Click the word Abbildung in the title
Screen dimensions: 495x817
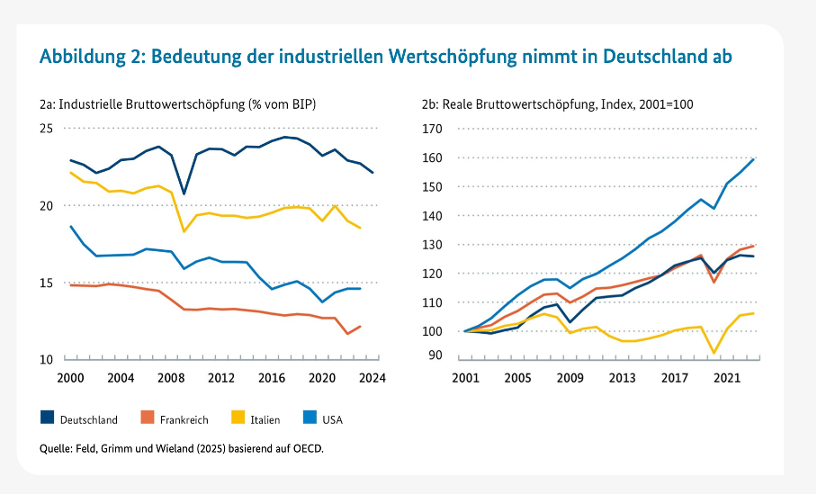tap(81, 57)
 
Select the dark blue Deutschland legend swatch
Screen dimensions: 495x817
tap(48, 418)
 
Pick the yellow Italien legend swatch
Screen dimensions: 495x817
tap(239, 418)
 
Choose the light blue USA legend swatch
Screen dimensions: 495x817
tap(313, 418)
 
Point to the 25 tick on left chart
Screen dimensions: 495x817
tap(47, 129)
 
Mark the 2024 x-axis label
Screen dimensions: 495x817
tap(373, 378)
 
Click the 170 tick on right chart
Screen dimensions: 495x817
tap(433, 129)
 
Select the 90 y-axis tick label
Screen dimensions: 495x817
tap(436, 356)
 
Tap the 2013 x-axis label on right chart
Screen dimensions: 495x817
tap(621, 378)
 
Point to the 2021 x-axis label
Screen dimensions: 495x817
tap(725, 378)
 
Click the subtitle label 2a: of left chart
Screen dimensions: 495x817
tap(49, 104)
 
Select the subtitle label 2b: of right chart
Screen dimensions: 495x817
tap(431, 104)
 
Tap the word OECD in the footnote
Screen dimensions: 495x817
tap(307, 447)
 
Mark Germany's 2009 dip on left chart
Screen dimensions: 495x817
tap(184, 193)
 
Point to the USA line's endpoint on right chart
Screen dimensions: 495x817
tap(753, 159)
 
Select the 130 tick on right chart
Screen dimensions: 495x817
tap(433, 245)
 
